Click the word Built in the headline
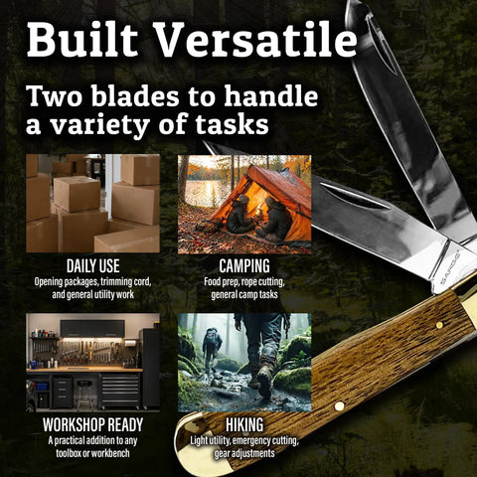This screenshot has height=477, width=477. coord(82,40)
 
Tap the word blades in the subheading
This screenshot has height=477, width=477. coord(137,96)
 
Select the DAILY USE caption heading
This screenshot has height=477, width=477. coord(92,266)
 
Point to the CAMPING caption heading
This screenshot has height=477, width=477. coord(244,266)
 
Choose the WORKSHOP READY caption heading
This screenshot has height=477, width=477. coord(92,424)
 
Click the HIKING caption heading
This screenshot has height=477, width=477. coord(244,424)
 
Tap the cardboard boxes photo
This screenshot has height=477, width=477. coord(92,204)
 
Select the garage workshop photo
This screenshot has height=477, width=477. coord(92,363)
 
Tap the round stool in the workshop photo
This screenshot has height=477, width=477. coord(84,395)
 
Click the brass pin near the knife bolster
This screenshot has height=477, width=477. coord(439,325)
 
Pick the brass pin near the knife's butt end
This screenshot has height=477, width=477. coord(339,405)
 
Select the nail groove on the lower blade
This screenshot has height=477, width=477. coord(355,197)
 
